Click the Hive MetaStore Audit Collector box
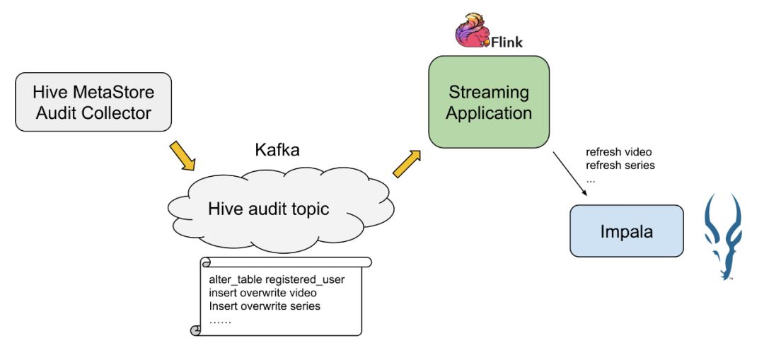tap(93, 102)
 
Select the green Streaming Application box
tap(489, 102)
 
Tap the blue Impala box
tap(627, 231)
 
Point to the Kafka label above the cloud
tap(277, 150)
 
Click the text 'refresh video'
tap(619, 152)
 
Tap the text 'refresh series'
tap(620, 166)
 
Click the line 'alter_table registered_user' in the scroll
tap(277, 279)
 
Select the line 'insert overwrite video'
tap(262, 293)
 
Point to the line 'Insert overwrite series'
tap(265, 306)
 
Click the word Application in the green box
tap(489, 112)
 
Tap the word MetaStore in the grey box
tap(115, 92)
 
